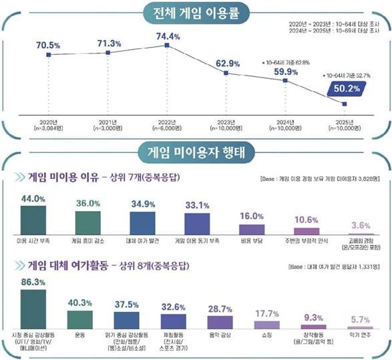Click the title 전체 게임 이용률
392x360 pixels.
click(x=196, y=13)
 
